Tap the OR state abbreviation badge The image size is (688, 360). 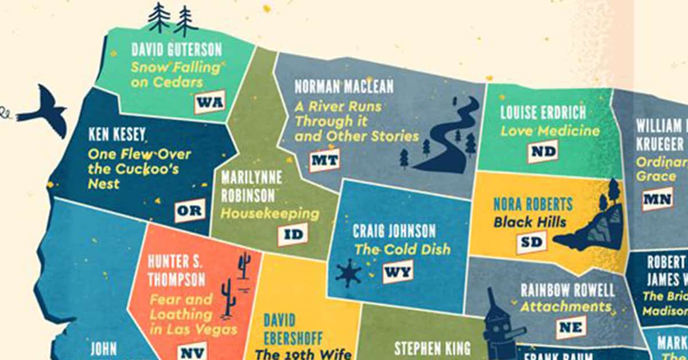point(189,210)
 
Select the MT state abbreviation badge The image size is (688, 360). point(325,161)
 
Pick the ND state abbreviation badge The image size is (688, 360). point(542,151)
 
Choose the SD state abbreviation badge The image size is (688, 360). point(531,242)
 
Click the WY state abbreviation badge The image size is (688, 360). point(398,271)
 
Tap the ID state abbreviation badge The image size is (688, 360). point(292,234)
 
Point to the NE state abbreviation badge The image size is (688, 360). point(571,327)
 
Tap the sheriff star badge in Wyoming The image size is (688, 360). point(349,273)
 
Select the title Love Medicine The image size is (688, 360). point(550,130)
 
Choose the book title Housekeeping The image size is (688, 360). point(270,214)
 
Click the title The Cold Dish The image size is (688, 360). point(402,249)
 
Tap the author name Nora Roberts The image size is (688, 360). point(533,204)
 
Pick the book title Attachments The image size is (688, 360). point(565,307)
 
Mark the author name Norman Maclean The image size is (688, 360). point(344,87)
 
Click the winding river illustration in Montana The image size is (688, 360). point(453,138)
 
